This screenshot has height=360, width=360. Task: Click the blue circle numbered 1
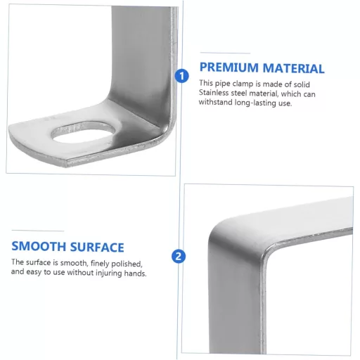tap(181, 76)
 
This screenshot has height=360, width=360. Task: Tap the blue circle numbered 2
tap(179, 256)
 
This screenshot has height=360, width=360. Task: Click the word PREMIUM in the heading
tap(229, 67)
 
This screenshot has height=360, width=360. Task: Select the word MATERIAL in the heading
tap(293, 68)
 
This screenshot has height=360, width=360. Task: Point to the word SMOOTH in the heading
tap(39, 246)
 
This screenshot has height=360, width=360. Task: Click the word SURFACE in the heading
tap(97, 247)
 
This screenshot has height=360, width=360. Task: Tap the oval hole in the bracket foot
tap(83, 132)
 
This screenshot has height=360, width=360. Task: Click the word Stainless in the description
tap(214, 93)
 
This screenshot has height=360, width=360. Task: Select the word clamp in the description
tap(243, 84)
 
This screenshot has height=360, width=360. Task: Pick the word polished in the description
tap(127, 264)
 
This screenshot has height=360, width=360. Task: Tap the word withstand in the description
tap(216, 102)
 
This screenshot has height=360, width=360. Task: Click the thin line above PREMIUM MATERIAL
tap(225, 53)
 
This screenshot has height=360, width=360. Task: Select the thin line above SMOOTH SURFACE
tap(38, 231)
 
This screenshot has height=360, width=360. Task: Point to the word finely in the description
tap(100, 264)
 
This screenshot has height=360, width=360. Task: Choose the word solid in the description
tap(301, 84)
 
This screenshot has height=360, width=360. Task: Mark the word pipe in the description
tap(222, 84)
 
